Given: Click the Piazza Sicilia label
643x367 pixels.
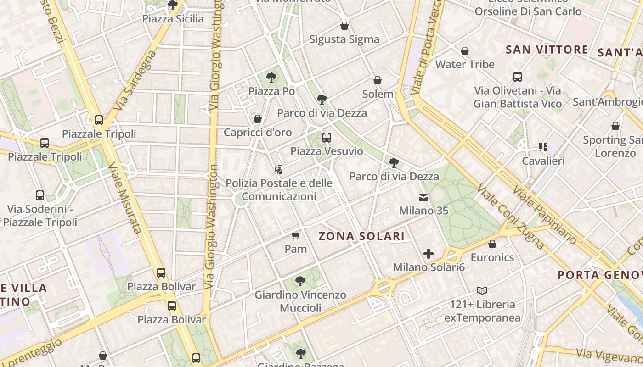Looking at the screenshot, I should click(173, 19).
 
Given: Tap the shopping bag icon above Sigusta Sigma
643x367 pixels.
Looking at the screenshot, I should click(344, 26).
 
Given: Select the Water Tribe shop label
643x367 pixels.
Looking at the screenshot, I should click(465, 64).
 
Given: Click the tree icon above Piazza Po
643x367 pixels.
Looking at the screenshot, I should click(271, 77).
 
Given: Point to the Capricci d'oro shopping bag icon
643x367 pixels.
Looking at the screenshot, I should click(258, 119).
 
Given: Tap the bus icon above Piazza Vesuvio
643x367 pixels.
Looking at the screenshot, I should click(327, 137).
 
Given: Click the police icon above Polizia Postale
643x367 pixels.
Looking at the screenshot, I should click(278, 170).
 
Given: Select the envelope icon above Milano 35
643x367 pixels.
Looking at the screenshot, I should click(423, 198).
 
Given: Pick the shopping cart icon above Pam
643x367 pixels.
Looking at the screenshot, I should click(296, 236).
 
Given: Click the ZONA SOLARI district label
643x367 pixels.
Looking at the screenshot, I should click(362, 236).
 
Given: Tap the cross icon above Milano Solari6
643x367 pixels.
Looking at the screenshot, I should click(429, 254).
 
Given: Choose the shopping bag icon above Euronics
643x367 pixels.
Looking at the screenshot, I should click(492, 244).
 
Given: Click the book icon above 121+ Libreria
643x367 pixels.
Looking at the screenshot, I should click(482, 290).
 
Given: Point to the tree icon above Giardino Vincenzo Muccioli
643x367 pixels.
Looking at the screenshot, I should click(300, 281).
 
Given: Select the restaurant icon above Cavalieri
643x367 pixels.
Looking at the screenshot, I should click(543, 147).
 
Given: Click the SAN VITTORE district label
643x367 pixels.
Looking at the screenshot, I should click(547, 50).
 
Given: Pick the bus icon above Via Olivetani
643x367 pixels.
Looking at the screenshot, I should click(518, 77).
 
